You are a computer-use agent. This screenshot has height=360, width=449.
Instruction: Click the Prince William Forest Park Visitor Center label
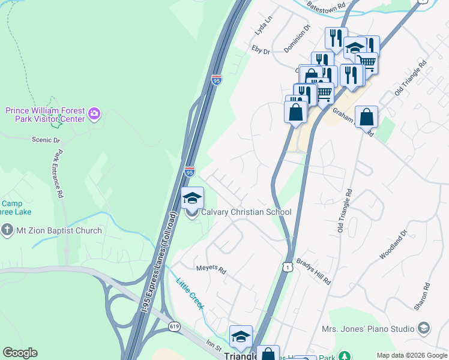click(44, 115)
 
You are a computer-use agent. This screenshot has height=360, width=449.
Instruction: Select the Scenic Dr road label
click(46, 140)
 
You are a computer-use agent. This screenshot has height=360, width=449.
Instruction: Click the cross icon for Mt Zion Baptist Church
click(7, 230)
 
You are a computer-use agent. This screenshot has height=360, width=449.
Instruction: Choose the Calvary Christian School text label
click(246, 212)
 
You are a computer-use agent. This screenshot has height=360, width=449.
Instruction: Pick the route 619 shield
click(174, 326)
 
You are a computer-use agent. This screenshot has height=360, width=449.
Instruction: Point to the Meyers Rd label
click(211, 270)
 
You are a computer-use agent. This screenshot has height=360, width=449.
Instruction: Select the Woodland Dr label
click(393, 244)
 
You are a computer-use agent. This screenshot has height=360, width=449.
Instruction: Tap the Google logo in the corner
click(20, 353)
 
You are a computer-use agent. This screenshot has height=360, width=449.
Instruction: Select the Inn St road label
click(214, 346)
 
